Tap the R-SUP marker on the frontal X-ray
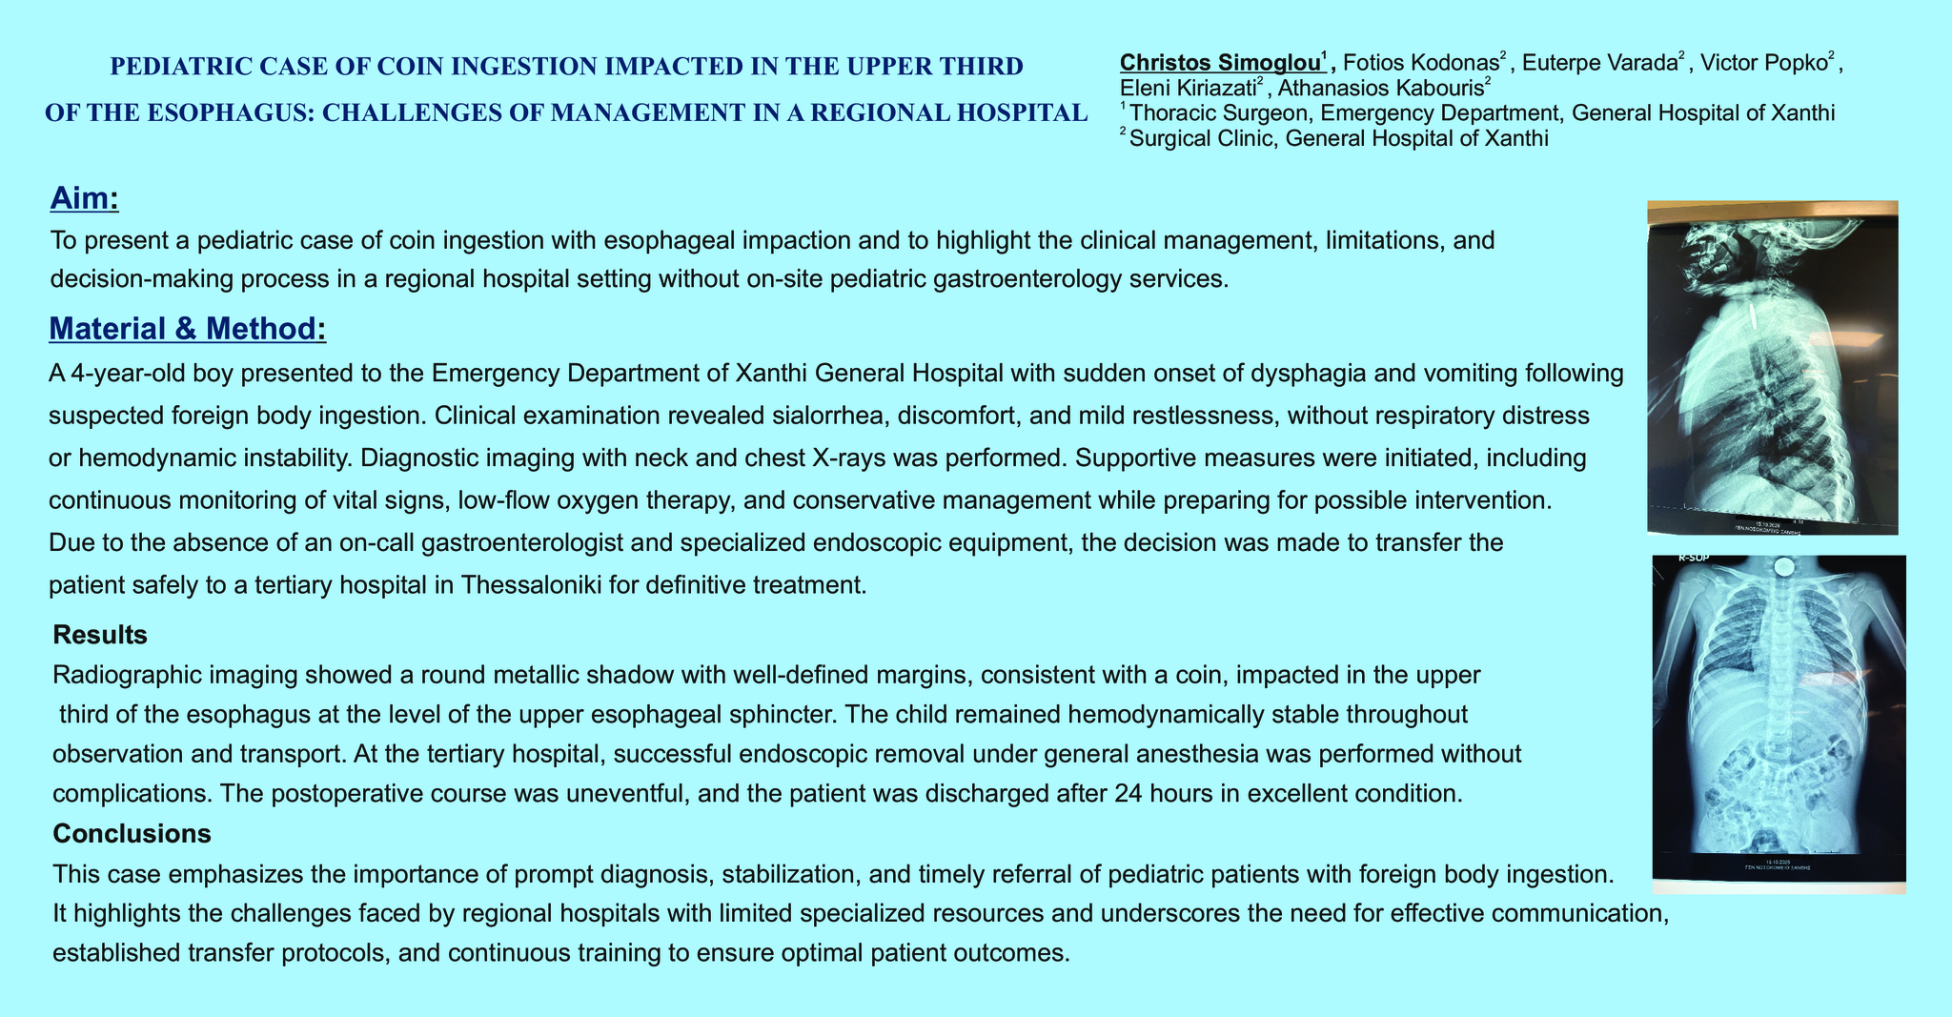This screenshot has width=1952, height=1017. tap(1694, 559)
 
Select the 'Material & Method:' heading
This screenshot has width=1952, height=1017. tap(187, 329)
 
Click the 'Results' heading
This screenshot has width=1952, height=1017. tap(99, 635)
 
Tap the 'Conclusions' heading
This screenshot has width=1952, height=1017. tap(132, 834)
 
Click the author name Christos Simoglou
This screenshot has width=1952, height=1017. tap(1221, 63)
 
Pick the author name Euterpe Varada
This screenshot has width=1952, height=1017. tap(1598, 63)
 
